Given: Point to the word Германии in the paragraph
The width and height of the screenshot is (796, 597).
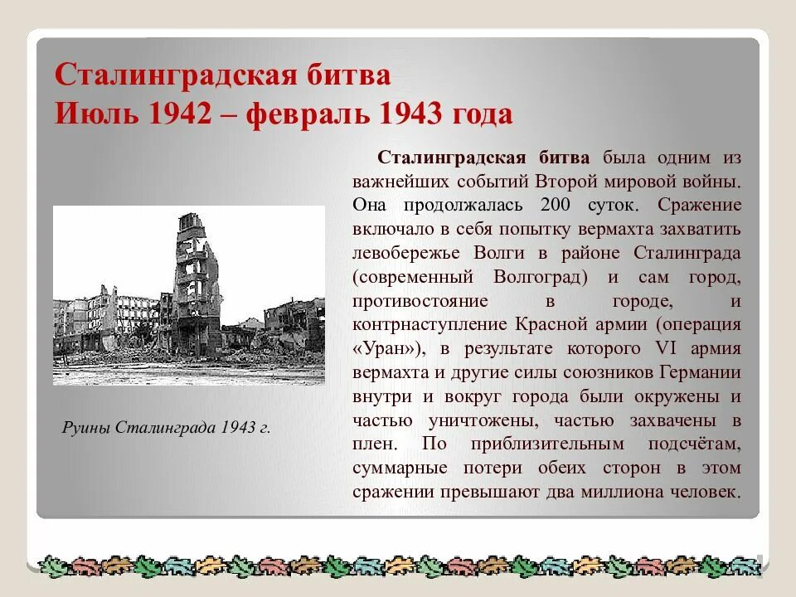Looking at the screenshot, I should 701,371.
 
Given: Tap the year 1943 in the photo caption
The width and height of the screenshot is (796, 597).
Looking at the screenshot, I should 237,428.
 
